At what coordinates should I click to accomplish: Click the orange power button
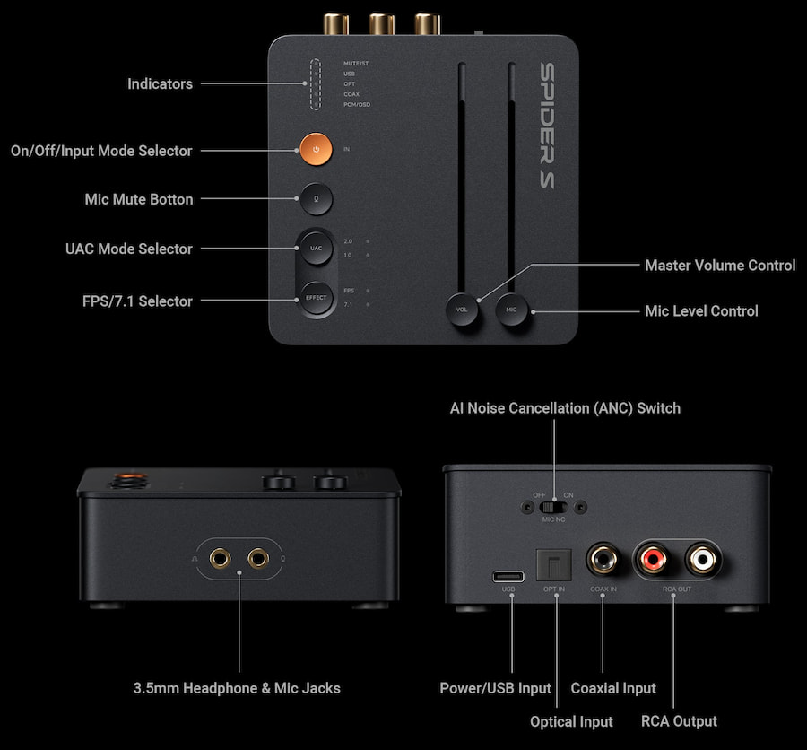pyautogui.click(x=316, y=148)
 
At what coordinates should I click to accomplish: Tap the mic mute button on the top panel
pyautogui.click(x=316, y=198)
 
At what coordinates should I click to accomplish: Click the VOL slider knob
pyautogui.click(x=463, y=310)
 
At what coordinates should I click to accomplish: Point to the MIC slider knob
pyautogui.click(x=511, y=310)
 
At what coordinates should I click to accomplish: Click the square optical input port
pyautogui.click(x=553, y=562)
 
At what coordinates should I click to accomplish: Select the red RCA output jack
pyautogui.click(x=653, y=561)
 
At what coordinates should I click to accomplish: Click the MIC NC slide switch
pyautogui.click(x=553, y=506)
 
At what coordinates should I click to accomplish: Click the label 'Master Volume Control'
pyautogui.click(x=720, y=266)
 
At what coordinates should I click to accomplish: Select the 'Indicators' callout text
pyautogui.click(x=160, y=84)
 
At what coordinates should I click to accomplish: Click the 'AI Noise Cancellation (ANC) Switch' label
pyautogui.click(x=565, y=408)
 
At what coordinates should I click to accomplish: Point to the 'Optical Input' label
pyautogui.click(x=571, y=721)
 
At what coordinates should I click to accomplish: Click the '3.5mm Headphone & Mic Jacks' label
pyautogui.click(x=237, y=688)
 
